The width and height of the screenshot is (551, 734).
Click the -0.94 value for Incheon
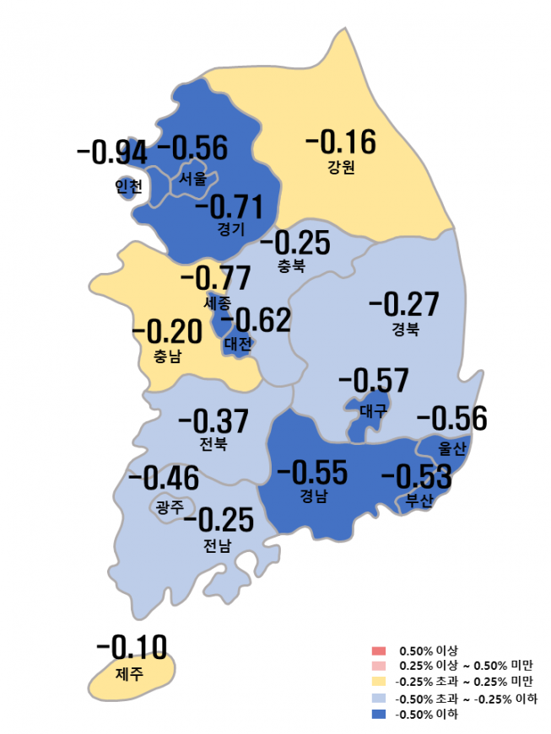pyautogui.click(x=111, y=153)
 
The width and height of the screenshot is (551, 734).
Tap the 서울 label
pyautogui.click(x=192, y=179)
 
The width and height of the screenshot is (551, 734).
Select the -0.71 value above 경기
pyautogui.click(x=229, y=206)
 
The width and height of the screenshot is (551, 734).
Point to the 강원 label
pyautogui.click(x=341, y=165)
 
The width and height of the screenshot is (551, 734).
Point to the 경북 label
pyautogui.click(x=405, y=328)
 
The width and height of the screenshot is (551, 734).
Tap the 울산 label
pyautogui.click(x=452, y=447)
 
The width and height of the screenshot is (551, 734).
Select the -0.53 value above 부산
pyautogui.click(x=416, y=477)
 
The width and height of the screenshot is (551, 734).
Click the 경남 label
pyautogui.click(x=313, y=496)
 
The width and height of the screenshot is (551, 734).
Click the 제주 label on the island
pyautogui.click(x=129, y=673)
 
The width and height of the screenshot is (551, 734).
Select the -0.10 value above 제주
pyautogui.click(x=132, y=647)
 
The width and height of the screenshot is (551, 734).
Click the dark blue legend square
pyautogui.click(x=377, y=715)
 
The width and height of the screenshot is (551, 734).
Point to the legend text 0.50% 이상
pyautogui.click(x=429, y=651)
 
